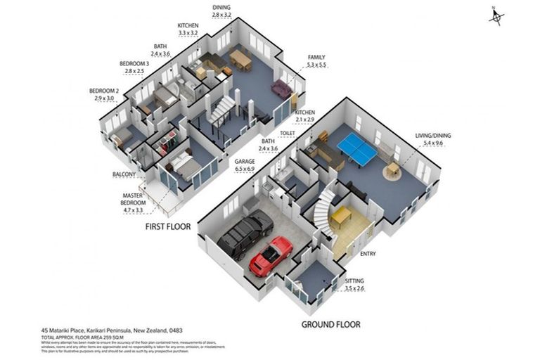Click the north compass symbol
click(x=496, y=17)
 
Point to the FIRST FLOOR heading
click(x=169, y=227)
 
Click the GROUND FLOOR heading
click(x=330, y=324)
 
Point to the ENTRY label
click(x=368, y=254)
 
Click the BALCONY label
click(x=123, y=174)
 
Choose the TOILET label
click(x=286, y=132)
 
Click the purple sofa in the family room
click(x=281, y=89)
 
